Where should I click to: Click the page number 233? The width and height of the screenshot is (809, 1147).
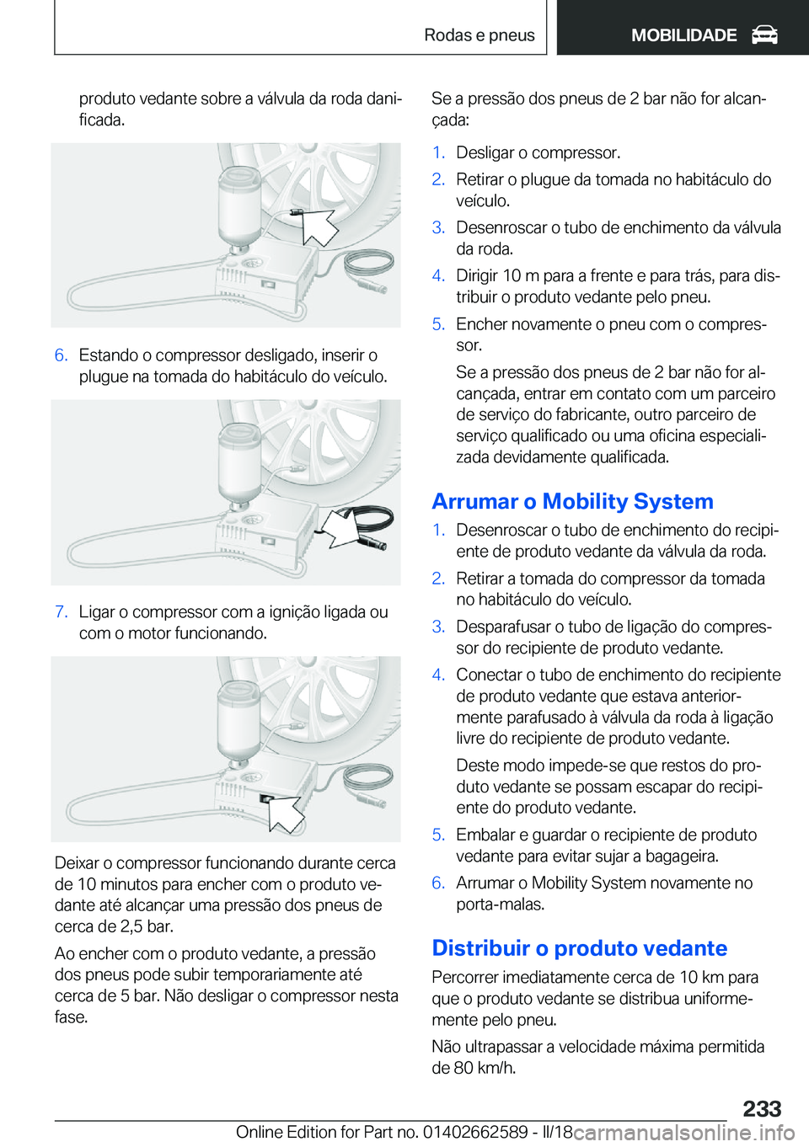[762, 1108]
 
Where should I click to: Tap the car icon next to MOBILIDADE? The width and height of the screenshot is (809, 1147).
[764, 35]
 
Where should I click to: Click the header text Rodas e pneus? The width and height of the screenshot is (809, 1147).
[479, 35]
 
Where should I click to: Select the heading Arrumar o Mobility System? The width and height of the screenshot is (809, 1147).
[572, 501]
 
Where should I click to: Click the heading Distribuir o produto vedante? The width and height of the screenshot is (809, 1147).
[579, 948]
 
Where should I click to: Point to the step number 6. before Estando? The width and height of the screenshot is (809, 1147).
[61, 355]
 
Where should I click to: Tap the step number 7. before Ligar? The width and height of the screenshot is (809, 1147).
[61, 612]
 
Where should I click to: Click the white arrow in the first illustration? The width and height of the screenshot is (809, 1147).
[318, 227]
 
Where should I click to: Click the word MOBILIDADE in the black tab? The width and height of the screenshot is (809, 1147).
[683, 35]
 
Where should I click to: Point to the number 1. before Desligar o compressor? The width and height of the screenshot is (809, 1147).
[438, 152]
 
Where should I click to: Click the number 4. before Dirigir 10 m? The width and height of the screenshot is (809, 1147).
[438, 276]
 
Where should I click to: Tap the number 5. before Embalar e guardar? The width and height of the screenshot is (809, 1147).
[438, 835]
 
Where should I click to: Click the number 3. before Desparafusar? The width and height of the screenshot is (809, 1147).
[438, 627]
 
